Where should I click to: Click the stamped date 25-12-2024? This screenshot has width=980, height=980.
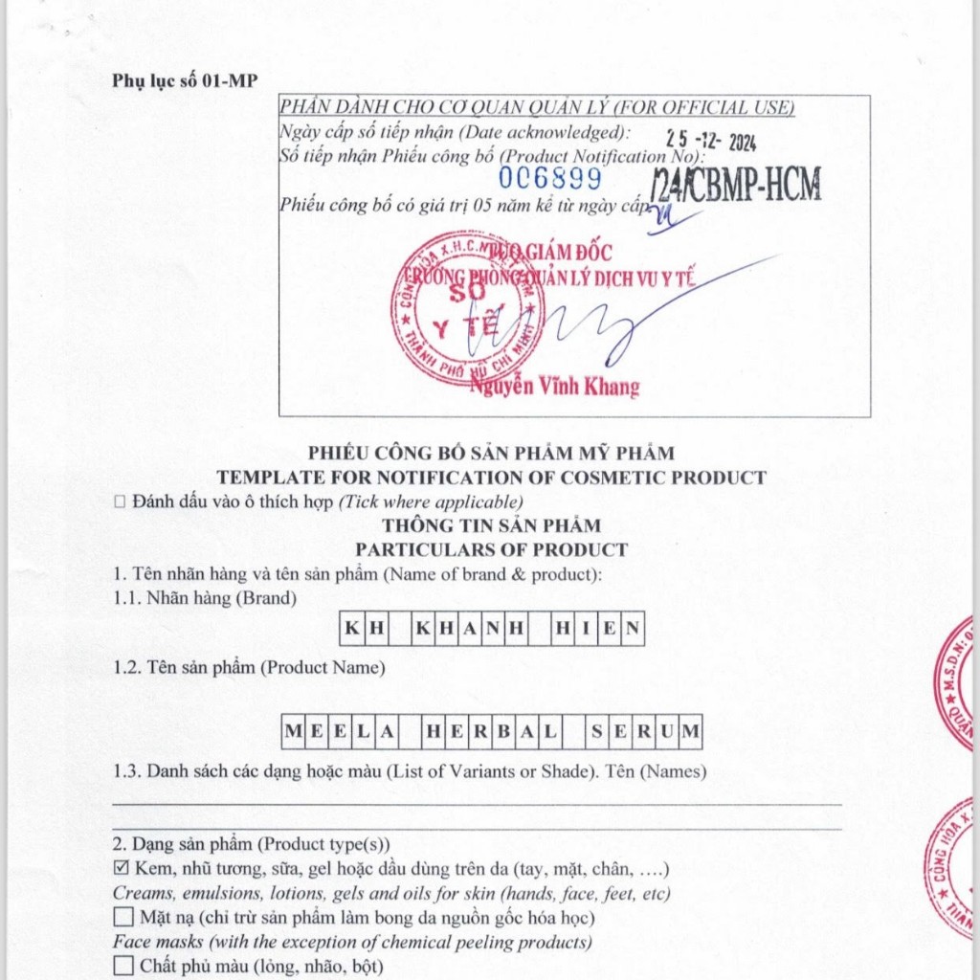[x=711, y=141]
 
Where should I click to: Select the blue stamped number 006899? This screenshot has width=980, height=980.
[x=549, y=179]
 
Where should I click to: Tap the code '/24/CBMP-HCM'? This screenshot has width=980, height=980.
[x=735, y=182]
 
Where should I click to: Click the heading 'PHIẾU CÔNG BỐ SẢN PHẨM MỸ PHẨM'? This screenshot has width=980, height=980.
[x=491, y=454]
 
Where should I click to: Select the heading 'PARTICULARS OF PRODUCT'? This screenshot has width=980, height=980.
[x=491, y=549]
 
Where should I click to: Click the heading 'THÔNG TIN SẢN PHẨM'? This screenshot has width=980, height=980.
[x=491, y=525]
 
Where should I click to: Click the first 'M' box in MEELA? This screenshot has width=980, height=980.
[x=293, y=733]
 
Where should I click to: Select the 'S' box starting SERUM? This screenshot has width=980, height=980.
[x=597, y=733]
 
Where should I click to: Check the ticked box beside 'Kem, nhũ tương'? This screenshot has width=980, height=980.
[x=122, y=869]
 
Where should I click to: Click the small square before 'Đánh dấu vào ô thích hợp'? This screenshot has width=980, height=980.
[x=120, y=501]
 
